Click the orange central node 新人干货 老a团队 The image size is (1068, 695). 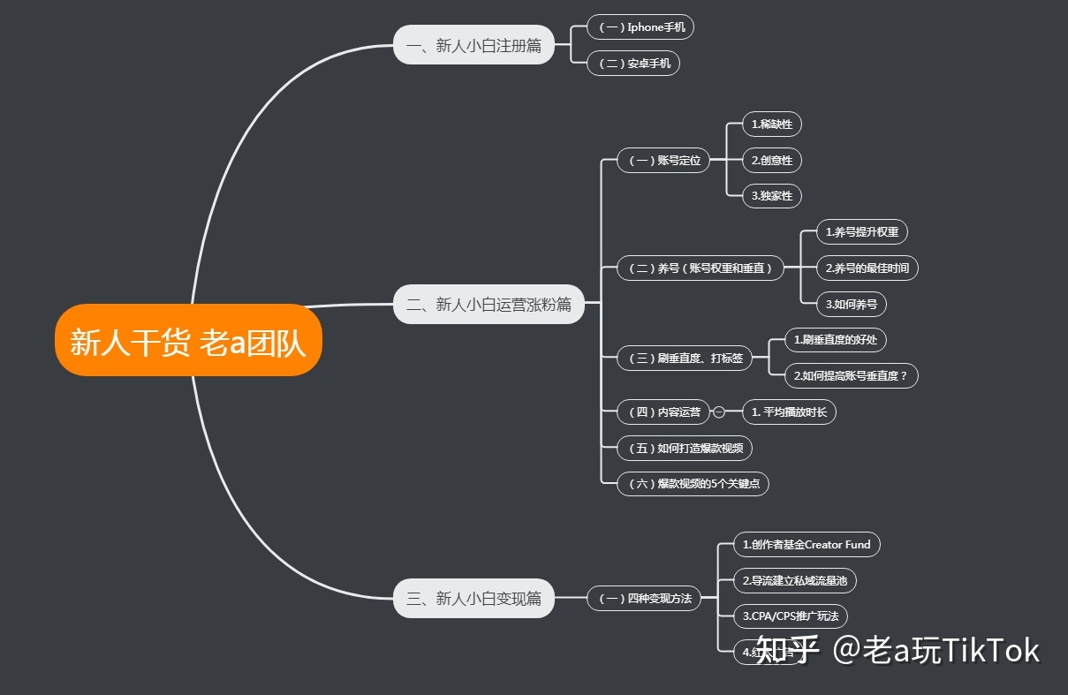click(x=188, y=341)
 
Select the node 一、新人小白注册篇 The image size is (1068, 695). click(x=473, y=45)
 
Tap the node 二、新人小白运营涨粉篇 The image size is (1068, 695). click(x=489, y=306)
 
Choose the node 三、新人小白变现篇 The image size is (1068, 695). click(x=473, y=599)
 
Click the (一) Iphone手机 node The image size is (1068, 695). click(x=641, y=27)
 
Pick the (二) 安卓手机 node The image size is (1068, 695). click(x=633, y=64)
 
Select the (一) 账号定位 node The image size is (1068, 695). click(x=663, y=161)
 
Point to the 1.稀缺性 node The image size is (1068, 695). click(x=772, y=125)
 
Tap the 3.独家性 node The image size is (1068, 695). click(x=772, y=196)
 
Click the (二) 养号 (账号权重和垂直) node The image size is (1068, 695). click(x=701, y=268)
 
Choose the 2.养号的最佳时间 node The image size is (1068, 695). click(x=867, y=268)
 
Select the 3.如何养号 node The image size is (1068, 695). click(x=851, y=305)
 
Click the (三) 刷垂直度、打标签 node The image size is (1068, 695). click(x=685, y=359)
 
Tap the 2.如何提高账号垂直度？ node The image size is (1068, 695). click(x=852, y=376)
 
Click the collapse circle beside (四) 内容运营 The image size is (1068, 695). click(x=719, y=412)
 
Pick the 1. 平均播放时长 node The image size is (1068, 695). click(x=789, y=412)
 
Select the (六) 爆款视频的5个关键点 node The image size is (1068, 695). click(x=693, y=484)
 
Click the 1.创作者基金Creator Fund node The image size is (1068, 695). click(x=807, y=545)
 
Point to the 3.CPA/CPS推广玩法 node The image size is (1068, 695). click(x=784, y=616)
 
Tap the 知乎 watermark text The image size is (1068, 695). click(x=788, y=651)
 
